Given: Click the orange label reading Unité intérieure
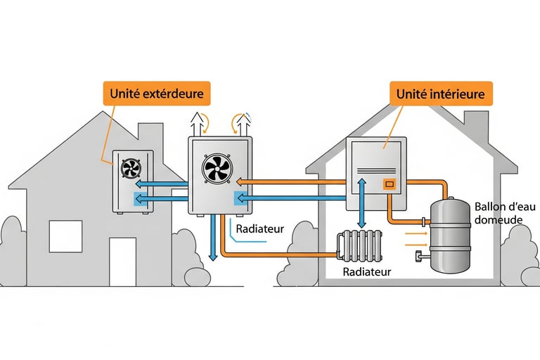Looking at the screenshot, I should pos(440,94).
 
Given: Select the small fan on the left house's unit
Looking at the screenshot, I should pos(131,169).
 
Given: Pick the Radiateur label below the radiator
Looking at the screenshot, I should pos(366,271).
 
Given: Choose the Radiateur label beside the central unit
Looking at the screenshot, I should pos(259,229).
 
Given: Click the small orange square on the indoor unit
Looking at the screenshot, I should pos(388,184).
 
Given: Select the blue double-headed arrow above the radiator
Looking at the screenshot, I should pos(362,203).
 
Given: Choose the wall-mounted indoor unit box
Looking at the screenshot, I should pos(377,174).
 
